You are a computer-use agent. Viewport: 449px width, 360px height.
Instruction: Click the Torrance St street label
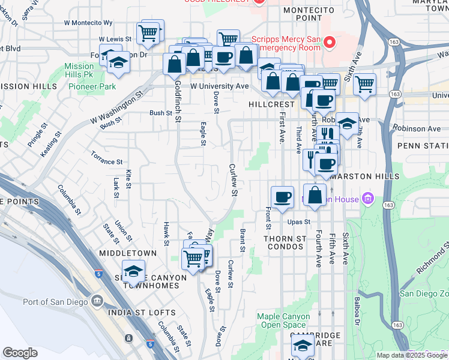point(107,161)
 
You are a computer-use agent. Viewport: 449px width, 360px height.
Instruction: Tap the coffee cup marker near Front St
point(282,196)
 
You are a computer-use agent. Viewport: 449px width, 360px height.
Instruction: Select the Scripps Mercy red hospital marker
point(329,43)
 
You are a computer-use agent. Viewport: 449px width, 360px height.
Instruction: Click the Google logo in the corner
point(20,353)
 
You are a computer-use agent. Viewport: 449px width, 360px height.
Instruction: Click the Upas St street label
point(298,221)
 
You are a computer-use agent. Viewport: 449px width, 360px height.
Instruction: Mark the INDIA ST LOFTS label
point(142,313)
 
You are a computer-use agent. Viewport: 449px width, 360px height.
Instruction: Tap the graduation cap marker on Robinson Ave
point(347,124)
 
